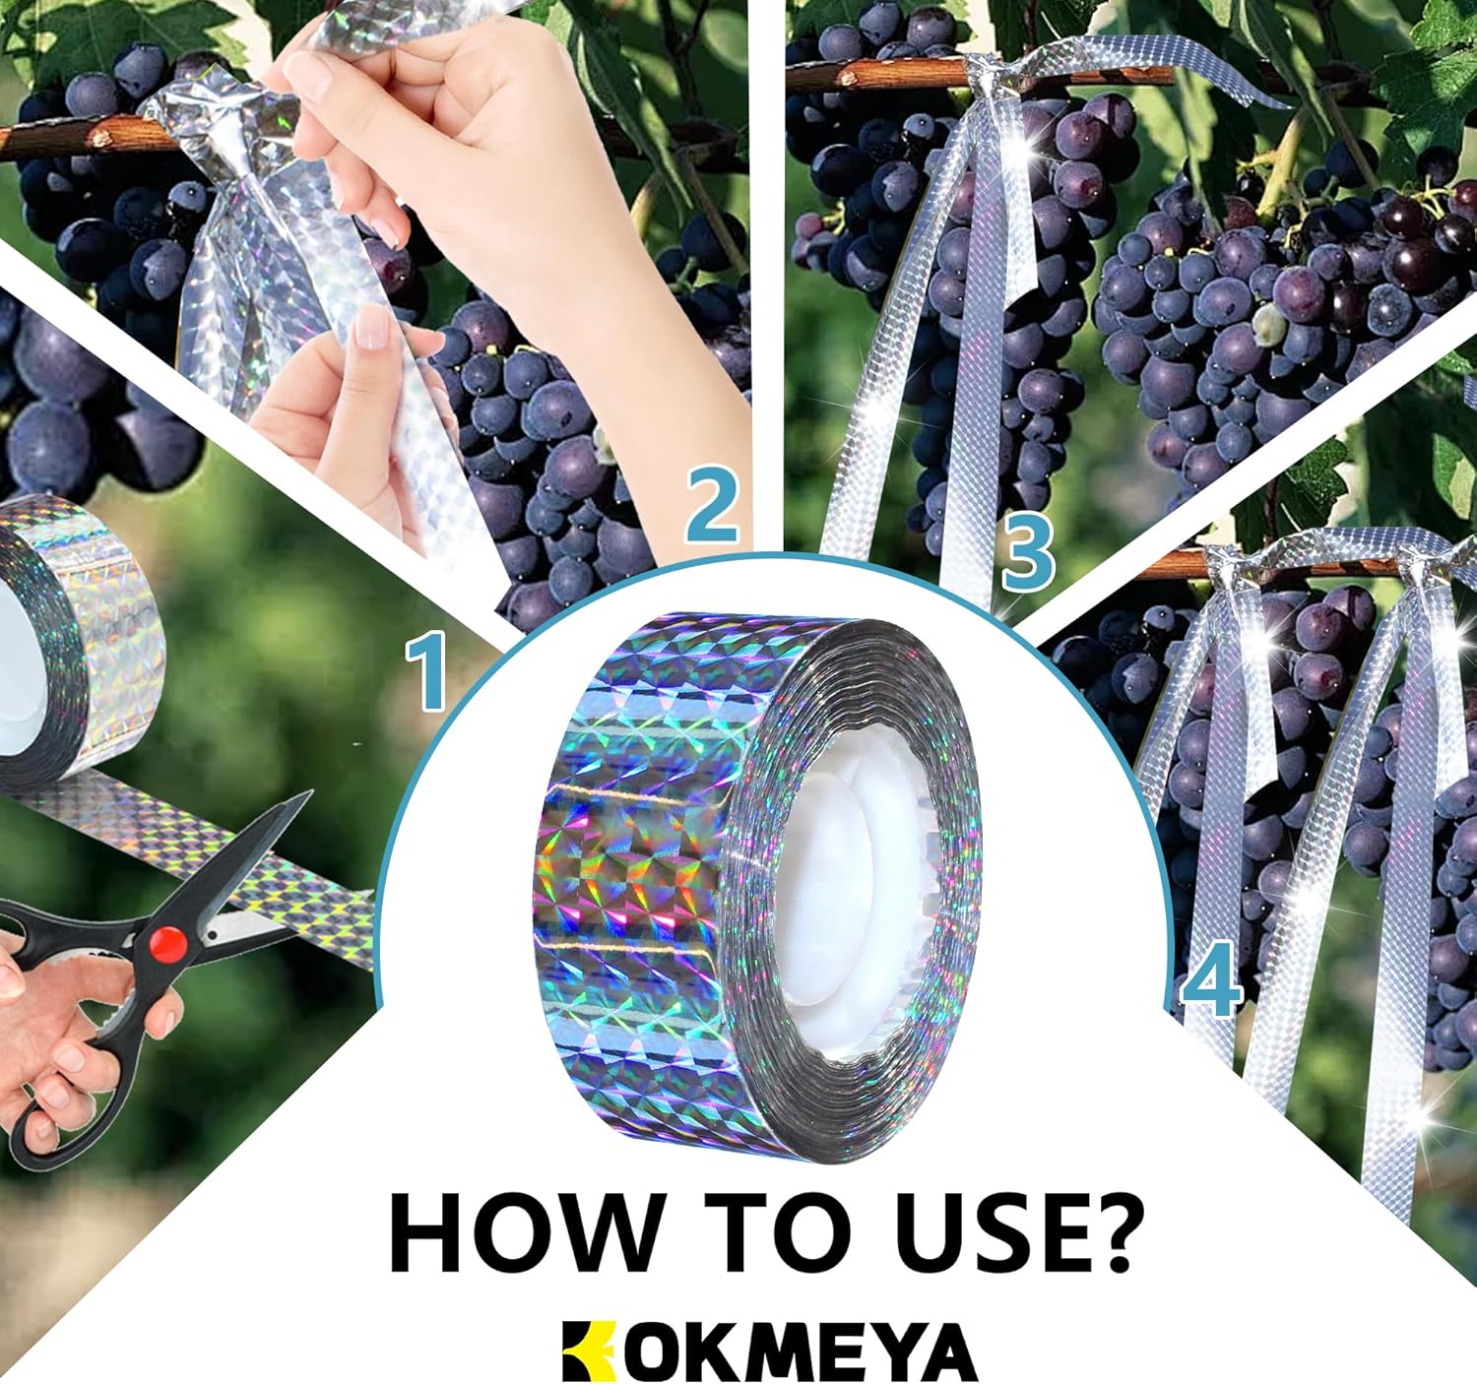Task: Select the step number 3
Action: coord(1028,554)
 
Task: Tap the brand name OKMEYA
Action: coord(801,1353)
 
